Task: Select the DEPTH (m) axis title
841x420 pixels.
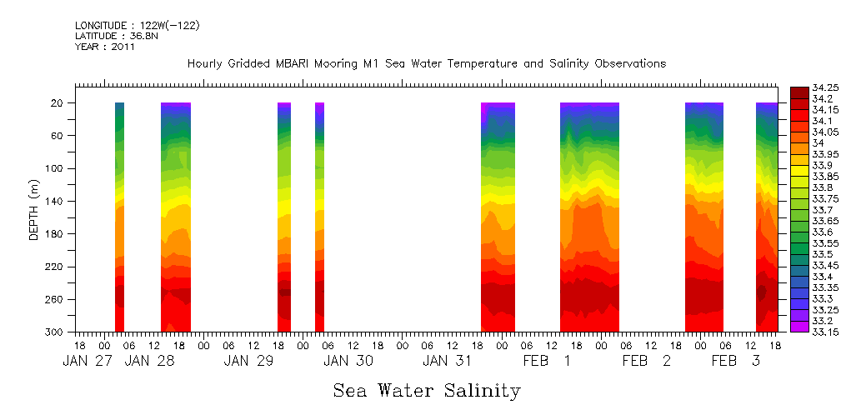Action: click(x=34, y=212)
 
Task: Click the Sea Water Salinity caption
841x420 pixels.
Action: click(x=427, y=391)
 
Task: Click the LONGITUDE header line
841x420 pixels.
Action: click(x=138, y=26)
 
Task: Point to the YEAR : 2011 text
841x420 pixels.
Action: click(x=105, y=47)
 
